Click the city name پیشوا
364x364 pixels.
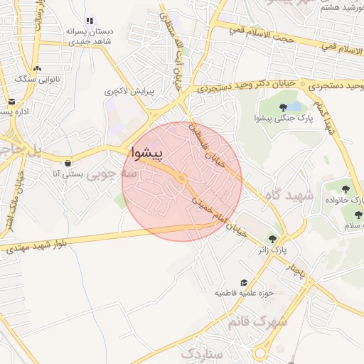[147, 153]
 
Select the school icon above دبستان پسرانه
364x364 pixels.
[89, 21]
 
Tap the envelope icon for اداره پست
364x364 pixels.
[11, 101]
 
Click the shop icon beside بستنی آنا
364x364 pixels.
[68, 163]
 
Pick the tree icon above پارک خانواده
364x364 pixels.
[346, 189]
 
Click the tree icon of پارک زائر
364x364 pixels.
[273, 239]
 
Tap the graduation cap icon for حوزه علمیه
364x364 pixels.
[245, 283]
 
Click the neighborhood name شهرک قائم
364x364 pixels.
[258, 321]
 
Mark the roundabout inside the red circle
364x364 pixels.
[182, 178]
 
